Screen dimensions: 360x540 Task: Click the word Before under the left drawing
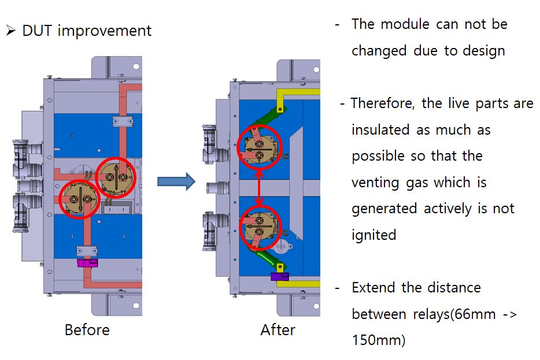click(x=87, y=330)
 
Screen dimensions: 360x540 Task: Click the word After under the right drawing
click(x=278, y=330)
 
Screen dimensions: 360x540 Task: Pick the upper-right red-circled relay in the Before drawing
click(x=116, y=177)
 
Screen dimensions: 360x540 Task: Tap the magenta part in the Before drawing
click(x=87, y=263)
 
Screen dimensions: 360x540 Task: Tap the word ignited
click(x=373, y=235)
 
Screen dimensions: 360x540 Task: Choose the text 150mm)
click(x=379, y=340)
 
